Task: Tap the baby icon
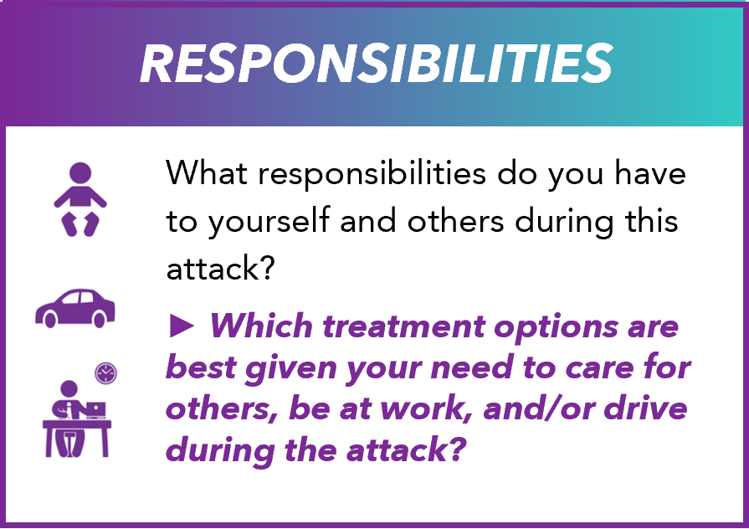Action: (78, 198)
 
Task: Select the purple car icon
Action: (74, 308)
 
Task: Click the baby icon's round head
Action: (78, 173)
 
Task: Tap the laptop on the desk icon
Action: (93, 409)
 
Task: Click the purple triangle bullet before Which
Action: (180, 326)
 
